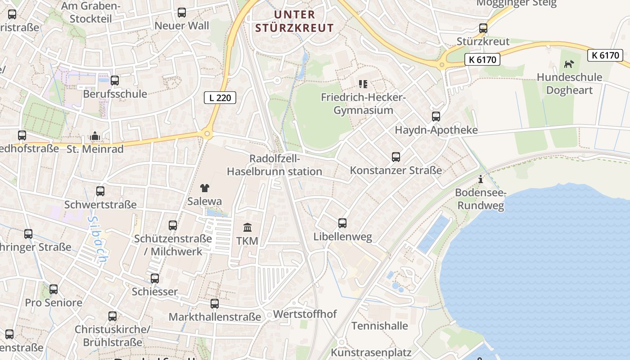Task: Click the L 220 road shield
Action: coord(220,97)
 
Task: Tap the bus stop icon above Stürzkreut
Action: coord(483,28)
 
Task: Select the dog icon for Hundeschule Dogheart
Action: coord(569,64)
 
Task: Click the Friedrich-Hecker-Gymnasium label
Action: coord(363,104)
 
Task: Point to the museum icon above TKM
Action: coord(247,227)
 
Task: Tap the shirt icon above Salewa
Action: coord(205,188)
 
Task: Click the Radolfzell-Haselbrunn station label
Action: coord(274,165)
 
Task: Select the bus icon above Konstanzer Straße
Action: coord(396,157)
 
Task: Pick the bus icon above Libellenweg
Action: coord(342,223)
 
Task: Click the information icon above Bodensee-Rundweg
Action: coord(481,180)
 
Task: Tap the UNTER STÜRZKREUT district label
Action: coord(295,21)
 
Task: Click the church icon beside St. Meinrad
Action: coord(95,136)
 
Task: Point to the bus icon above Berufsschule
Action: coord(115,81)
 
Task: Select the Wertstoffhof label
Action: coord(305,314)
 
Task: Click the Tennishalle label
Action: coord(379,326)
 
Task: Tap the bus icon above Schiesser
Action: coord(155,279)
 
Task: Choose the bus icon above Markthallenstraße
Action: coord(215,304)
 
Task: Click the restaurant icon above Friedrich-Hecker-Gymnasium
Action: coord(363,84)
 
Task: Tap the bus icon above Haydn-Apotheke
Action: coord(436,117)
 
